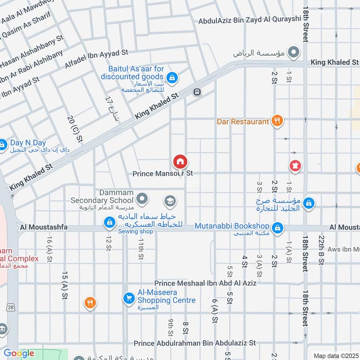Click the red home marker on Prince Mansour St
(180, 162)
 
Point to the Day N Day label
(28, 143)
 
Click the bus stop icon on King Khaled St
(197, 92)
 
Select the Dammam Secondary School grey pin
(142, 198)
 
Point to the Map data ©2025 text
(336, 355)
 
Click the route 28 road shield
(11, 306)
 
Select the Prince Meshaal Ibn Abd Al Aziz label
(205, 283)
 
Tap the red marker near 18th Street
(295, 166)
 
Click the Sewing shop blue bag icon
(109, 222)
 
